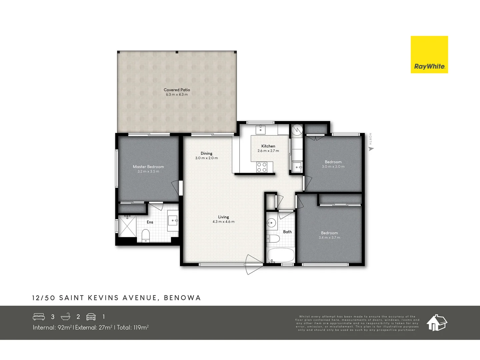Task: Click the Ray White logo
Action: point(429,55)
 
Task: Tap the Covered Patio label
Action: point(177,90)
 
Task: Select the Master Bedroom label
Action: point(148,167)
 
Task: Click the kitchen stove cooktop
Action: point(262,167)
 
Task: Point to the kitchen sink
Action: point(260,129)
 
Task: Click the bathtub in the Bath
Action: point(281,255)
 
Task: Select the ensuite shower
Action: point(127,226)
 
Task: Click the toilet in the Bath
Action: point(273,239)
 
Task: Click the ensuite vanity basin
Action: point(173,220)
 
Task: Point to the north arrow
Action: point(371,149)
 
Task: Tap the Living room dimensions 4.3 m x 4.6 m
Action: point(223,222)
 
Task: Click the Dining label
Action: point(206,153)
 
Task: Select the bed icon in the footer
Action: point(39,317)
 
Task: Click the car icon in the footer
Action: point(91,317)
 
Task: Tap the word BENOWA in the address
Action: point(182,298)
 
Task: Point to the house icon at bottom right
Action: point(437,322)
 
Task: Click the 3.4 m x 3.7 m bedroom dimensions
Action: point(329,238)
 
